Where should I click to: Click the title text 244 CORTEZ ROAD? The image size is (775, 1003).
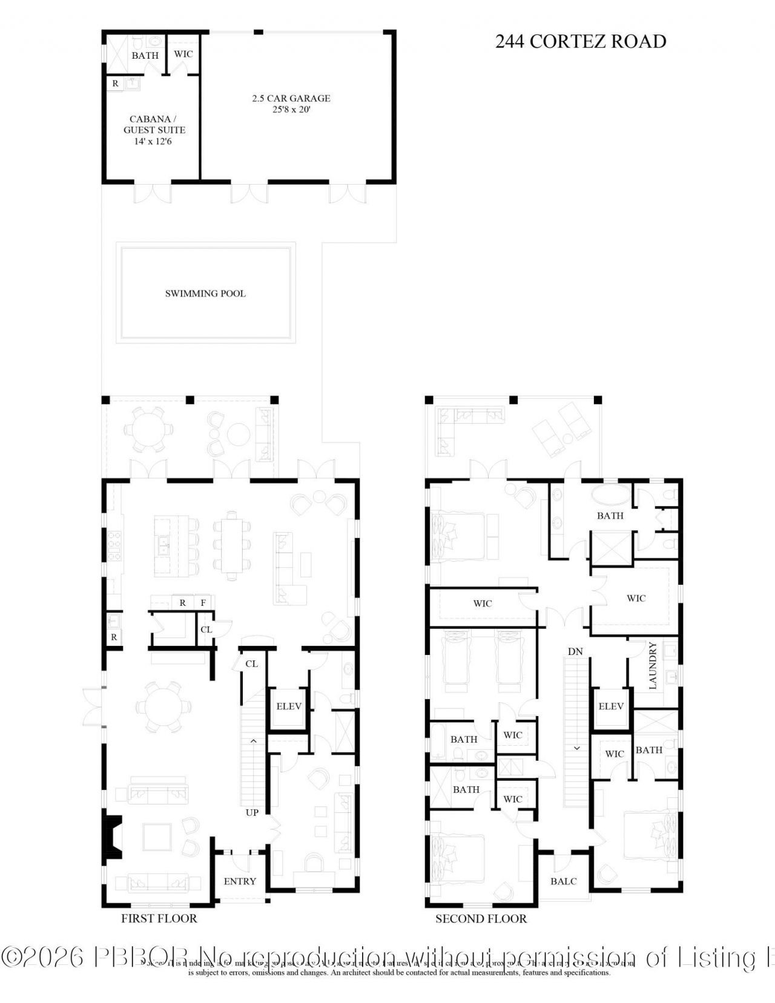coord(580,41)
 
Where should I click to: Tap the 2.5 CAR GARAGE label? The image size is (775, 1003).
coord(291,98)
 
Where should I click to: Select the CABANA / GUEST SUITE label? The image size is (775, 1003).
coord(154,125)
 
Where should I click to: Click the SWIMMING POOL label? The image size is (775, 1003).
coord(205,294)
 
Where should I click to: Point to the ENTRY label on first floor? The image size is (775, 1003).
coord(240,881)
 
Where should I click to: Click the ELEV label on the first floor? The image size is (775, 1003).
coord(289,706)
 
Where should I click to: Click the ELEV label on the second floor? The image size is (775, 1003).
coord(611,706)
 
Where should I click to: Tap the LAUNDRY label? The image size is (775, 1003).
coord(653,666)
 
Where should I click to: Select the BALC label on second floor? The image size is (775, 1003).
coord(563,881)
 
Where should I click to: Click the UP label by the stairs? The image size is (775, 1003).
coord(252,812)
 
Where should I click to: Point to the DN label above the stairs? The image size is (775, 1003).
coord(575,651)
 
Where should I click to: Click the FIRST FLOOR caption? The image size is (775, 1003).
coord(159,918)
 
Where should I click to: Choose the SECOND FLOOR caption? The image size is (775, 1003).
coord(481,918)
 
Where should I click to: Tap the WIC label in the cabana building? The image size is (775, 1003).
coord(183,54)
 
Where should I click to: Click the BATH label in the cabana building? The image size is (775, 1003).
coord(145,55)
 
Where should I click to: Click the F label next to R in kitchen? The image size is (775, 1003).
coord(203,603)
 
